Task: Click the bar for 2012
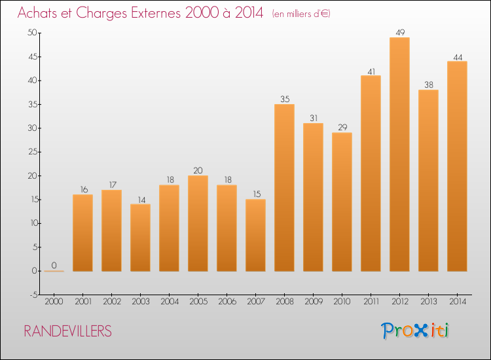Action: [399, 154]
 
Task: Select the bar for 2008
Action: [284, 188]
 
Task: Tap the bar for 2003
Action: [140, 238]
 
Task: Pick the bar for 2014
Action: [457, 166]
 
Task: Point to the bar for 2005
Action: [198, 223]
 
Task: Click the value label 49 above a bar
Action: [399, 31]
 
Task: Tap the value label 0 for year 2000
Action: [54, 265]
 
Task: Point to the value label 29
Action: [342, 127]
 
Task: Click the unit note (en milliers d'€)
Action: [302, 14]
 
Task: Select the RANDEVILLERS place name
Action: [67, 331]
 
